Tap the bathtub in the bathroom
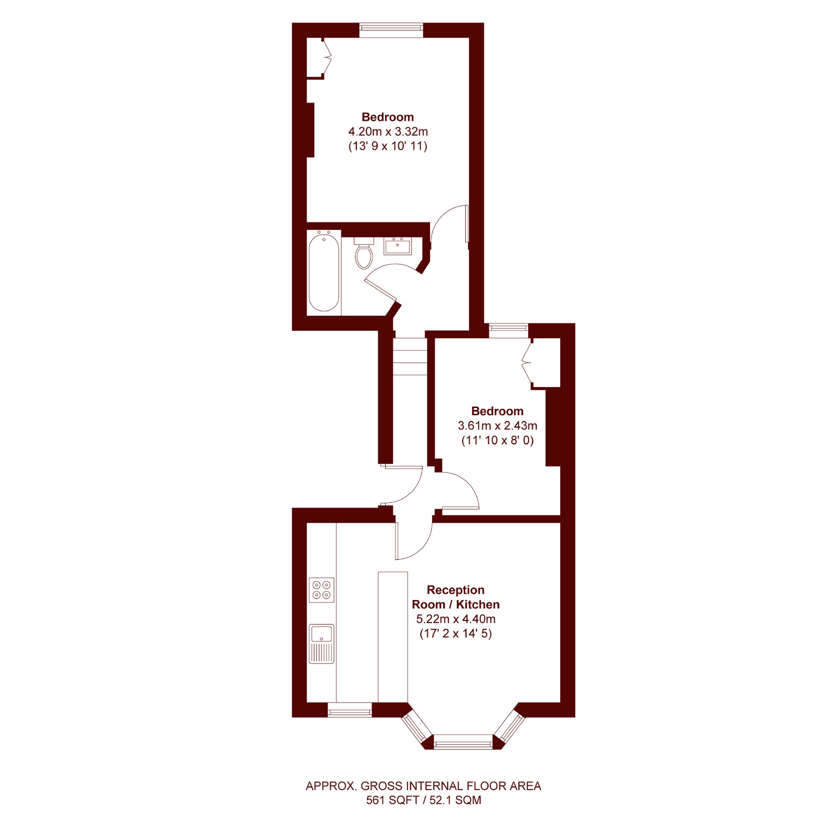tap(324, 272)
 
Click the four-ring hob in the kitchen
tap(321, 590)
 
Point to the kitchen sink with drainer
tap(321, 644)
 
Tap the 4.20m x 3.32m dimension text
tap(388, 132)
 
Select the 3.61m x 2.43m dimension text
tap(497, 426)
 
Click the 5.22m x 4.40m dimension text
tap(456, 619)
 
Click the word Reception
tap(456, 590)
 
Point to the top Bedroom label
tap(387, 117)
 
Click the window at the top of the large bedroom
tap(391, 30)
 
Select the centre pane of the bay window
tap(463, 741)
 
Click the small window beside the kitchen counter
tap(350, 710)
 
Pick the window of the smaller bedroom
tap(508, 330)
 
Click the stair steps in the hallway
tap(410, 357)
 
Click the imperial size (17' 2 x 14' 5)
tap(456, 634)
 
